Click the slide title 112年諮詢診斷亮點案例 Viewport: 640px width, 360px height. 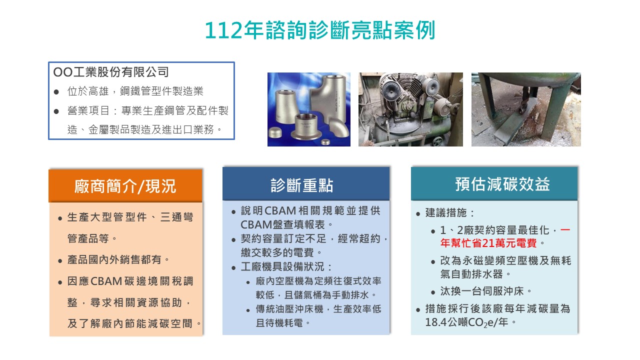coord(320,30)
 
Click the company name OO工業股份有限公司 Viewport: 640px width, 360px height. coord(111,72)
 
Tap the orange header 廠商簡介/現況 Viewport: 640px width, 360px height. coord(125,186)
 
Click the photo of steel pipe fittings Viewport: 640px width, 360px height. coord(308,109)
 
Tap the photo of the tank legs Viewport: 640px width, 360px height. coord(526,109)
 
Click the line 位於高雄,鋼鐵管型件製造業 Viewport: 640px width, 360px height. coord(135,91)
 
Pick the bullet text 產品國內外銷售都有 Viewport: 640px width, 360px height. coord(118,260)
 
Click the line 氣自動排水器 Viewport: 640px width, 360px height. coord(472,274)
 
